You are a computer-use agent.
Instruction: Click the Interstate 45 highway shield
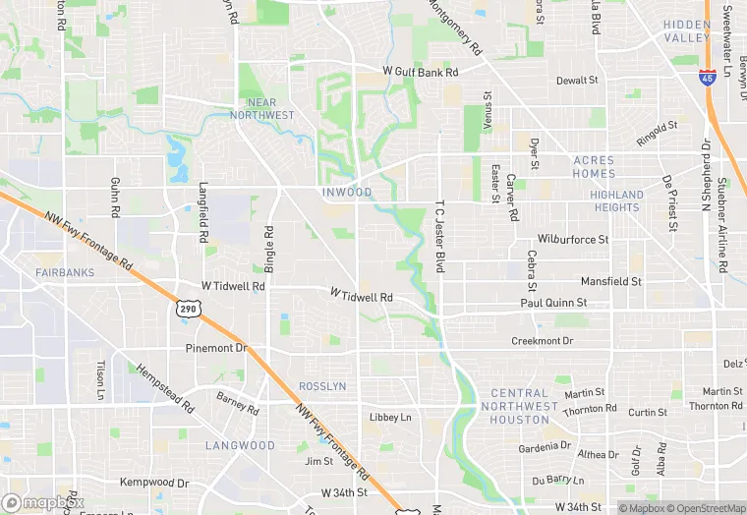[x=708, y=77]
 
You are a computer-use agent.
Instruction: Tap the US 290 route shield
[x=187, y=310]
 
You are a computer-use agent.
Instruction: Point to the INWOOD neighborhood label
[x=347, y=193]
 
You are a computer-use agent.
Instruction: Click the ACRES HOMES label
[x=593, y=167]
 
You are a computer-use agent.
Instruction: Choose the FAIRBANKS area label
[x=62, y=272]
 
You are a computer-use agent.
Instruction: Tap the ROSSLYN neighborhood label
[x=321, y=386]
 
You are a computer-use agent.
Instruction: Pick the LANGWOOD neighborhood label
[x=240, y=445]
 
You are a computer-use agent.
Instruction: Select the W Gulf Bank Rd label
[x=421, y=73]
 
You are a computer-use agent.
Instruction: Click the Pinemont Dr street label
[x=215, y=349]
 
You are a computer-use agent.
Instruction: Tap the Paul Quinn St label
[x=553, y=304]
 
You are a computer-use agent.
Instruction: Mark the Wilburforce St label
[x=573, y=239]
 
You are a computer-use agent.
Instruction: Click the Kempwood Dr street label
[x=153, y=483]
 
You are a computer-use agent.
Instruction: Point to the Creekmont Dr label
[x=542, y=341]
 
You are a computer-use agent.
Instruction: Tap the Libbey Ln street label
[x=390, y=418]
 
